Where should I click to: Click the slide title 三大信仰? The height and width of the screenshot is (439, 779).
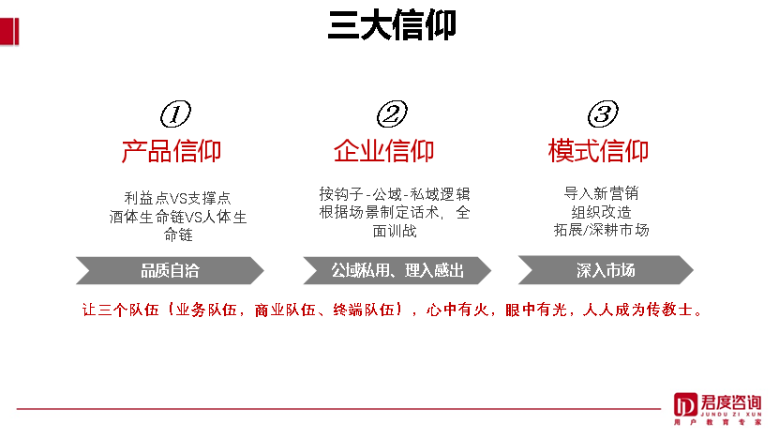392,24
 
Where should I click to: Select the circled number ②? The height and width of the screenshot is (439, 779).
391,114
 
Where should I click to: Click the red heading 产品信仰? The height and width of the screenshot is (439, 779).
172,150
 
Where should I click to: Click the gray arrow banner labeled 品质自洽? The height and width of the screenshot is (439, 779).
170,270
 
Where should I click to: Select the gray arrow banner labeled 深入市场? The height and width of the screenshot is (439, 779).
606,270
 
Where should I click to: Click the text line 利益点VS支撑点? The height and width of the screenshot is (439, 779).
177,198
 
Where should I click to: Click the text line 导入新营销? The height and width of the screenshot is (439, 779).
601,193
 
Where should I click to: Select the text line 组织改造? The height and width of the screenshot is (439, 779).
601,212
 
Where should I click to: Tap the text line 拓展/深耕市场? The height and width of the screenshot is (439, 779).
601,230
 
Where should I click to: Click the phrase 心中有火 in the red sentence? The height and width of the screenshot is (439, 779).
458,310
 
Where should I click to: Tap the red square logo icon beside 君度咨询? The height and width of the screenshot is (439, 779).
685,405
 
